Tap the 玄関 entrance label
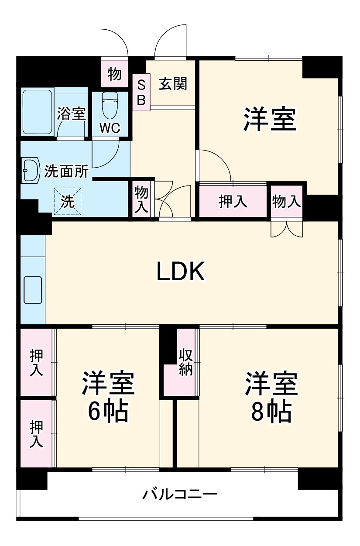click(x=172, y=84)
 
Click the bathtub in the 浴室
click(x=38, y=112)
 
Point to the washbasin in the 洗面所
click(x=30, y=170)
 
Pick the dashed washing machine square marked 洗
click(x=68, y=201)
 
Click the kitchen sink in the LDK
click(x=33, y=290)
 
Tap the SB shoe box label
click(x=141, y=92)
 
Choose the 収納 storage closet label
click(x=185, y=362)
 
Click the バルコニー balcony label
click(x=180, y=495)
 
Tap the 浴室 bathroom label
click(x=71, y=115)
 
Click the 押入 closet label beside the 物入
click(x=233, y=201)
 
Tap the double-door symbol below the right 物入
click(x=286, y=229)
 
